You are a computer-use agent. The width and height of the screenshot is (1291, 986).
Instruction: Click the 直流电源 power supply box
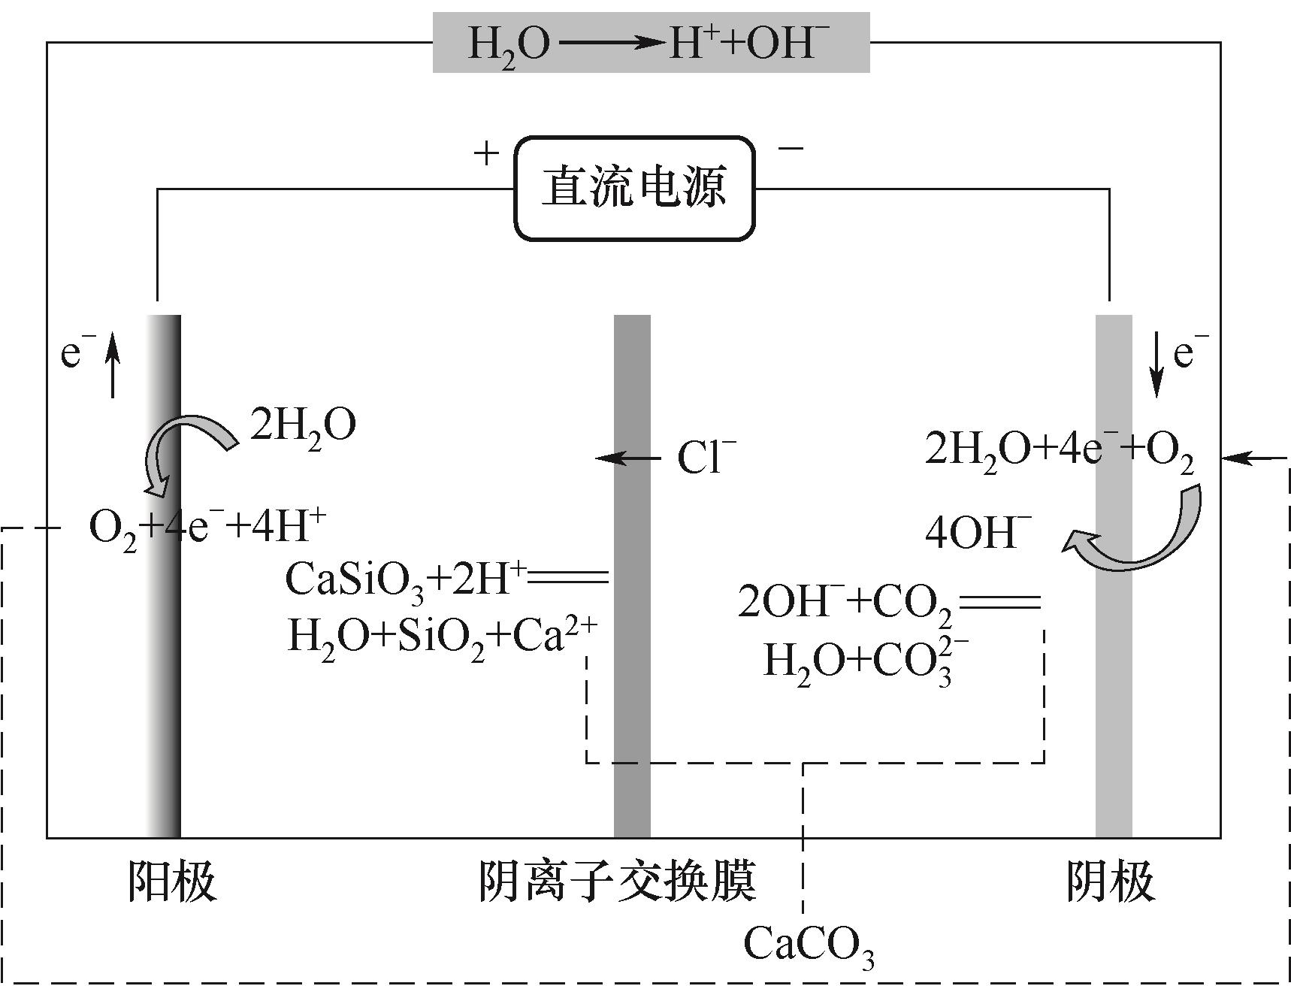point(633,188)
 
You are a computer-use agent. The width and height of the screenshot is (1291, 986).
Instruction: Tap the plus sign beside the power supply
point(486,153)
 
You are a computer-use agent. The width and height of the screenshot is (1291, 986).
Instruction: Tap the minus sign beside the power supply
point(790,148)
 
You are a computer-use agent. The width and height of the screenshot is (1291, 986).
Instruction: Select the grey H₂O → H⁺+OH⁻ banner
point(651,43)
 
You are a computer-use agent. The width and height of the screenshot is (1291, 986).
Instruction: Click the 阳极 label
point(172,880)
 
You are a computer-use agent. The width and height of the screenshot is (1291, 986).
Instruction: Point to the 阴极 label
point(1110,880)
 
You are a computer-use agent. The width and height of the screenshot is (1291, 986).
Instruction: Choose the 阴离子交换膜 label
point(617,880)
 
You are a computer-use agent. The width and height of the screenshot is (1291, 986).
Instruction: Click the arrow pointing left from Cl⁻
point(627,458)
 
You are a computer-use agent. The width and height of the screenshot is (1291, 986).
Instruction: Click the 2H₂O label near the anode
point(302,426)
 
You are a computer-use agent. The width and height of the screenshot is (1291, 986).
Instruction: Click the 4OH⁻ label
point(978,534)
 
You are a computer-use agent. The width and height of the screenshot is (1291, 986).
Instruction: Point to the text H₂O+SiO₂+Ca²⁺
point(442,639)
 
